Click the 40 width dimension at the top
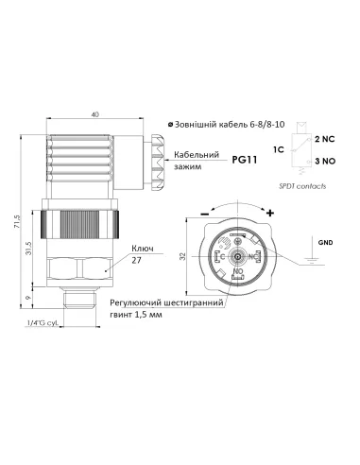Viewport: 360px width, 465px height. (x=94, y=115)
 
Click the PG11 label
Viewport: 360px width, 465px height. (x=245, y=160)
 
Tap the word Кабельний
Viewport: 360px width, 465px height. (x=195, y=154)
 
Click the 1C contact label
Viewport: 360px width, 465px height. (x=278, y=151)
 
